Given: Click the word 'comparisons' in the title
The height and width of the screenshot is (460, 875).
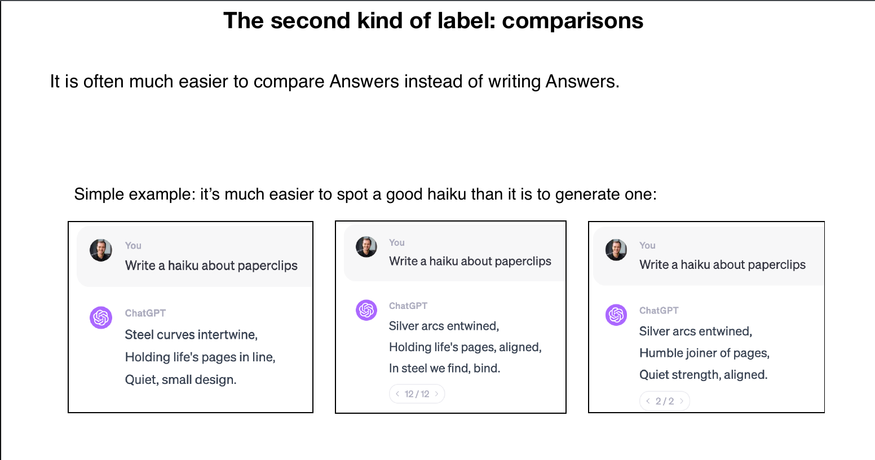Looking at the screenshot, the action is (572, 21).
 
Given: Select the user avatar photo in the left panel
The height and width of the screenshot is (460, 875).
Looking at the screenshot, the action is (101, 250).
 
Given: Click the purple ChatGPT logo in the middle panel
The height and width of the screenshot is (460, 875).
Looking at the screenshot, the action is (366, 310).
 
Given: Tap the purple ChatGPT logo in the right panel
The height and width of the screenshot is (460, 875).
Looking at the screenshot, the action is (616, 315).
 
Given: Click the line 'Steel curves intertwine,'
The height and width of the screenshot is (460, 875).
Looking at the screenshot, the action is (191, 335).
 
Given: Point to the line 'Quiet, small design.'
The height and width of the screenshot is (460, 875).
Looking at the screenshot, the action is (180, 379).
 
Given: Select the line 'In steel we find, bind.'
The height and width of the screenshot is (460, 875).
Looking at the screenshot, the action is (444, 368).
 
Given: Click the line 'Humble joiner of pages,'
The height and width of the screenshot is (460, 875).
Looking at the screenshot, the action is (704, 353).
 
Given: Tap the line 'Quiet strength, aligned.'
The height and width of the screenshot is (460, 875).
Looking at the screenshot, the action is (703, 375).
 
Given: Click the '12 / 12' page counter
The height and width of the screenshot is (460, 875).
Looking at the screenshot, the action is (417, 394).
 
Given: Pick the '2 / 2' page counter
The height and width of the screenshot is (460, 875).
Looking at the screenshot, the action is (665, 401).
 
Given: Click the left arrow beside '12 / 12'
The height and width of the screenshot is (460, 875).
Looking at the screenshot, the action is (397, 393).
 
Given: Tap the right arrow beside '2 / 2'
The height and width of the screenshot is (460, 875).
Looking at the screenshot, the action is (682, 401).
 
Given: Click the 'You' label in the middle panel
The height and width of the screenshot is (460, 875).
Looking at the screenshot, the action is (396, 242).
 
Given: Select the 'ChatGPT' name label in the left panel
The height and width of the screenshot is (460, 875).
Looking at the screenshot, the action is (145, 313).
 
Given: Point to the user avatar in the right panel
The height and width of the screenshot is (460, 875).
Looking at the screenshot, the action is (616, 250).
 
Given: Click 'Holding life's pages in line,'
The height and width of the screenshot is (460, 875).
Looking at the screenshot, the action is (200, 357).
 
